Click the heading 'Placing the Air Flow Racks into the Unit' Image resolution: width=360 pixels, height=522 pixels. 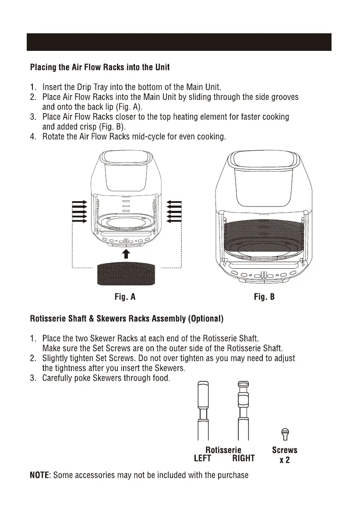pyautogui.click(x=100, y=67)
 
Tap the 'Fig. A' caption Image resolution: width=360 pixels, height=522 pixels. pyautogui.click(x=125, y=297)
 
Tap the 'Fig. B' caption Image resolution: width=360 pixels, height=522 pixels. pyautogui.click(x=265, y=297)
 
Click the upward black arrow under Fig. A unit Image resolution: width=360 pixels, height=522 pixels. pyautogui.click(x=126, y=254)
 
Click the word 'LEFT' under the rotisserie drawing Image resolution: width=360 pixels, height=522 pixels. pyautogui.click(x=202, y=458)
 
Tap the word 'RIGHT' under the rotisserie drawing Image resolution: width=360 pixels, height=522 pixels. pyautogui.click(x=244, y=458)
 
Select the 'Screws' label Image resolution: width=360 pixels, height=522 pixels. pyautogui.click(x=285, y=450)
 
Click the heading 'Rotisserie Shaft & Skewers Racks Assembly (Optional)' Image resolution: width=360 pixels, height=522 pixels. pyautogui.click(x=127, y=319)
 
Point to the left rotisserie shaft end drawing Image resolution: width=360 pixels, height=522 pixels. pyautogui.click(x=202, y=410)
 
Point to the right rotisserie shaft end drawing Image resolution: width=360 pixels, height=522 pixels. pyautogui.click(x=243, y=410)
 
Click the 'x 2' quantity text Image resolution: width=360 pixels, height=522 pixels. pyautogui.click(x=285, y=460)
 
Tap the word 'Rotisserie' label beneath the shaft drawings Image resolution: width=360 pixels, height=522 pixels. pyautogui.click(x=223, y=450)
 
